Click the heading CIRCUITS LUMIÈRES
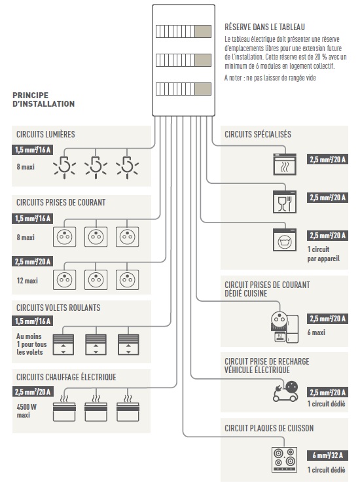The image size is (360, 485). point(45,135)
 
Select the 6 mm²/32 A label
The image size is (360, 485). point(328,455)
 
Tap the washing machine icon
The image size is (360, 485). point(285,240)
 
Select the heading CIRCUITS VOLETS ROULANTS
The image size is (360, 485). point(58,307)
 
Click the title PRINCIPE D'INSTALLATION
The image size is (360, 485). point(43,99)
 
